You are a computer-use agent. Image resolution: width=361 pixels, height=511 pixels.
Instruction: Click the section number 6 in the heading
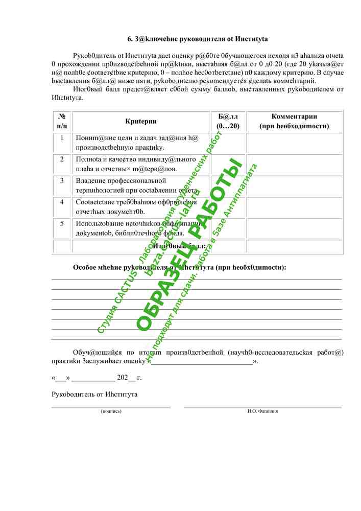tap(129, 39)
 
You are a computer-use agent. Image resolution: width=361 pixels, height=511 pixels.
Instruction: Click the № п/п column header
tap(62, 121)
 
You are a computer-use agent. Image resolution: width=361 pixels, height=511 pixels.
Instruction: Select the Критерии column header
tap(140, 121)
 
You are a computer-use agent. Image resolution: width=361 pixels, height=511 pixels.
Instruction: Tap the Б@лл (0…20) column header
tap(228, 121)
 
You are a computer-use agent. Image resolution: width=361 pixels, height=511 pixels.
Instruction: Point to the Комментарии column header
tap(294, 121)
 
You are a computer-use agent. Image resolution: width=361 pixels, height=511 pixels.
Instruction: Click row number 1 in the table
tap(62, 138)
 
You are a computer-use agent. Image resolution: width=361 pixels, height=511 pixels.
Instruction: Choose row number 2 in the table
tap(62, 159)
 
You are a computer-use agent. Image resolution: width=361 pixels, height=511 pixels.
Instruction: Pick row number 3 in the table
tap(62, 181)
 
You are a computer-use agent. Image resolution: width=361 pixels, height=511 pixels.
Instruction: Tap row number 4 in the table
tap(62, 202)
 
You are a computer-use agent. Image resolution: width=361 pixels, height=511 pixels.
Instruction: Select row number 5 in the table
tap(62, 223)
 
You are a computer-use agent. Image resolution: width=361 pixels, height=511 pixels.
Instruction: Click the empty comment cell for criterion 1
tap(295, 143)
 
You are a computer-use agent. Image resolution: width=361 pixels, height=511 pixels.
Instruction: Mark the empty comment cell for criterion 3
tap(295, 186)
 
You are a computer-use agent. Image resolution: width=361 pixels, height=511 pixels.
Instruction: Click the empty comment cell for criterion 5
tap(295, 228)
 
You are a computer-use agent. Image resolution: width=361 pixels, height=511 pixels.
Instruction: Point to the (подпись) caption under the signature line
tap(111, 411)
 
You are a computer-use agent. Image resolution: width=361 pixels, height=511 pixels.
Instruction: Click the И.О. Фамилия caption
tap(262, 411)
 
